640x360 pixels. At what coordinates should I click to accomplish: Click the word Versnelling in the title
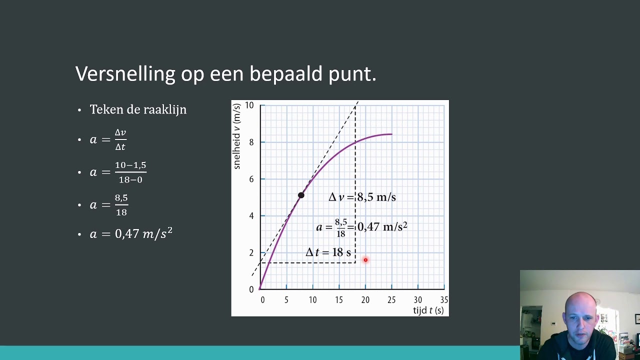pos(125,74)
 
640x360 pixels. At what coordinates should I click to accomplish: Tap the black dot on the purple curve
pos(301,195)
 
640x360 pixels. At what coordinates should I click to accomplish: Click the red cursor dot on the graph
pos(365,260)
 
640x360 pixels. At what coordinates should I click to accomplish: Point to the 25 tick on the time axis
pos(391,300)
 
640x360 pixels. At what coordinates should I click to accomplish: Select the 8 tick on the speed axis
pos(251,142)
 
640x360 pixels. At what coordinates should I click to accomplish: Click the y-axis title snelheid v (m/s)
pos(237,136)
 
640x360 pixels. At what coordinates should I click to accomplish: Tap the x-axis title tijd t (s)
pos(428,310)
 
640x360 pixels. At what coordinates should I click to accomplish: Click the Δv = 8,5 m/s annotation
pos(362,197)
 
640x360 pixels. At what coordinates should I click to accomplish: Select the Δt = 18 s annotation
pos(328,252)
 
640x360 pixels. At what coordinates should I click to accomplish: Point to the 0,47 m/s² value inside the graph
pos(382,227)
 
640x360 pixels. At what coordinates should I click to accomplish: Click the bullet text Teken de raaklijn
pos(138,109)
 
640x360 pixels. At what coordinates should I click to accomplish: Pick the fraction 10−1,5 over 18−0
pos(130,172)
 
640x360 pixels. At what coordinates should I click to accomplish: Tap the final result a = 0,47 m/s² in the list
pos(131,233)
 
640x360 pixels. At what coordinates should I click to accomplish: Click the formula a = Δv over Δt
pos(108,139)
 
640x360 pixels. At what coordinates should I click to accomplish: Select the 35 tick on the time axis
pos(444,300)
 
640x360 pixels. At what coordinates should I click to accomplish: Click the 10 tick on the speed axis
pos(249,105)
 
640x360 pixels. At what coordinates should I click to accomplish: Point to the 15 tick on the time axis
pos(339,300)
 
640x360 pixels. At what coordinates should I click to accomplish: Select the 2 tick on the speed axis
pos(251,253)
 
